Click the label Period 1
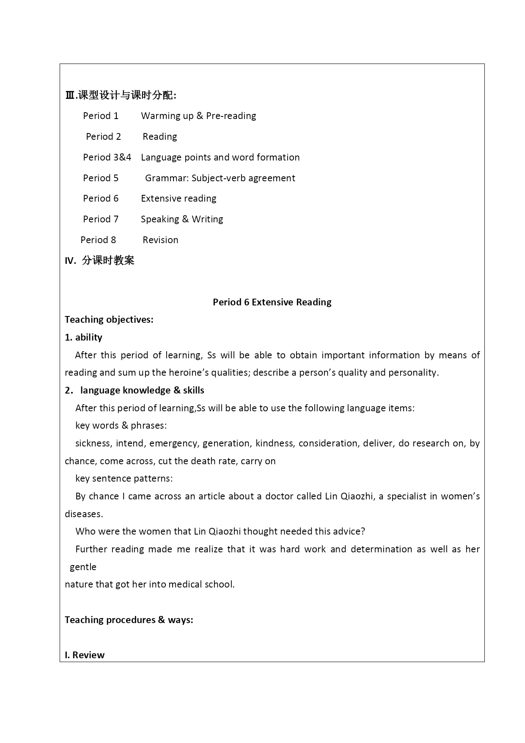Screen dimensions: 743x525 tap(101, 116)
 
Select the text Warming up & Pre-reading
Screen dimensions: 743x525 tap(198, 116)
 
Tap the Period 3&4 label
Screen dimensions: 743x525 tap(107, 157)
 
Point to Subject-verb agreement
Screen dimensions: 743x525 tap(243, 178)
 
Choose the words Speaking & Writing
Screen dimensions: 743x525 tap(182, 219)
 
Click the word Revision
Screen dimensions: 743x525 tap(160, 240)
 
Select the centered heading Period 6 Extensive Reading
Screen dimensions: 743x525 tap(272, 302)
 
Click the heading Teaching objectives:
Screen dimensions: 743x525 tap(109, 319)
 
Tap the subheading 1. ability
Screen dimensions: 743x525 tap(84, 337)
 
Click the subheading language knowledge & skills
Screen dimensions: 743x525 tap(142, 390)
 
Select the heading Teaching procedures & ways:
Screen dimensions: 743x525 tap(129, 620)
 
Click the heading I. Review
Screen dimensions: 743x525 tap(85, 655)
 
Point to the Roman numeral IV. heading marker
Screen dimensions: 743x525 tap(70, 261)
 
